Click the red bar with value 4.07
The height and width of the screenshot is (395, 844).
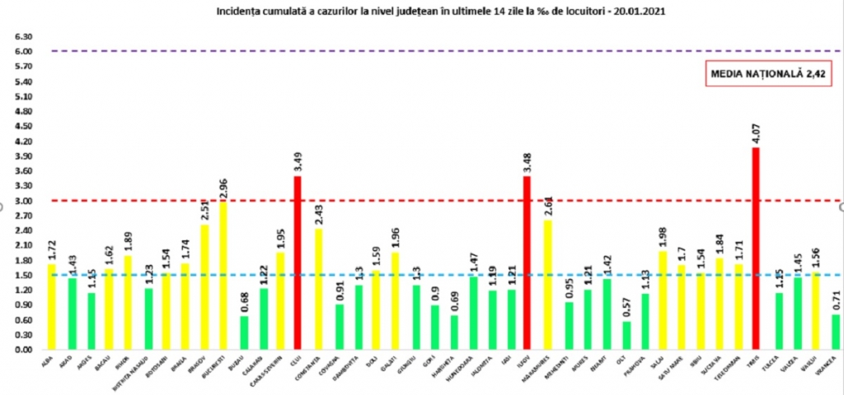click(755, 247)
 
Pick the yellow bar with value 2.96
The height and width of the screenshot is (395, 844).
click(223, 276)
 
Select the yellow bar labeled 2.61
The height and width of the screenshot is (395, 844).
click(547, 284)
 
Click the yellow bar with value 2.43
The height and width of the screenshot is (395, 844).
click(318, 288)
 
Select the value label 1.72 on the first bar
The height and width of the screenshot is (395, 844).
click(51, 248)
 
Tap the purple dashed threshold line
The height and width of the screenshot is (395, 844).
click(412, 51)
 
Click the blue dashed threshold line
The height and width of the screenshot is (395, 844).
click(412, 275)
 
